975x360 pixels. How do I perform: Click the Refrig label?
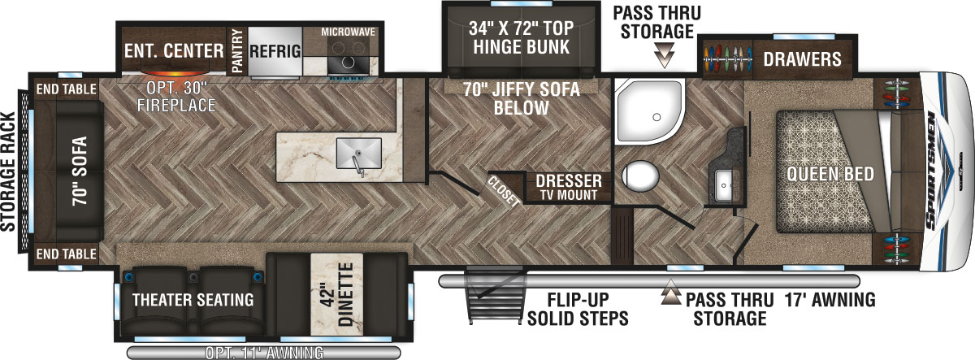275,51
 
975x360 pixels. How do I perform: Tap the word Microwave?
348,32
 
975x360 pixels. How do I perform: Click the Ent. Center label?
173,51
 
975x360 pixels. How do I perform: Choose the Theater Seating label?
193,300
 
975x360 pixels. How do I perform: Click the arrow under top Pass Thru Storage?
666,57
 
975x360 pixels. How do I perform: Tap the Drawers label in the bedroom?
801,59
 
